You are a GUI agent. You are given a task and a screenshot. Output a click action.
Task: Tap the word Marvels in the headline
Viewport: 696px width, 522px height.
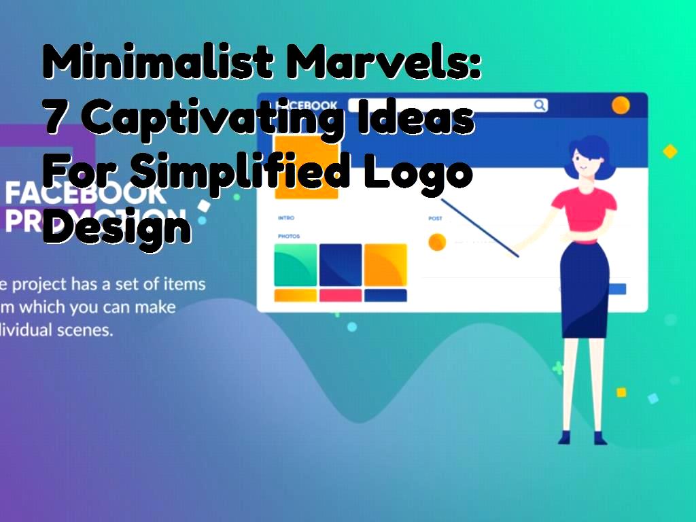[x=384, y=65]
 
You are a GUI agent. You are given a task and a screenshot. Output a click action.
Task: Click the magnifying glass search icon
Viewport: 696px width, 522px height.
[x=540, y=105]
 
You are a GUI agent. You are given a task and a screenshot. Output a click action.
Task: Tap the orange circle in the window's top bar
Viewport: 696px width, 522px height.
[x=620, y=105]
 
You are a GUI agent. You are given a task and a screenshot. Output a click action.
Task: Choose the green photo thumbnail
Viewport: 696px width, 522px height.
[x=295, y=265]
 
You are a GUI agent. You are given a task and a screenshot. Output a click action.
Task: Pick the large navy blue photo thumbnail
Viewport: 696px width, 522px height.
[x=341, y=265]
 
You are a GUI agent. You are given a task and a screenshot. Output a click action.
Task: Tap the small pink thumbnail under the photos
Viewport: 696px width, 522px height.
[x=341, y=296]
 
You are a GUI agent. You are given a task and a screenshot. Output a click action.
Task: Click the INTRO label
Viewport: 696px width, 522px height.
[x=285, y=218]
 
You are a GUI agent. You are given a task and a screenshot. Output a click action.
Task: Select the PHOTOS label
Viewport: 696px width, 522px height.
[x=288, y=237]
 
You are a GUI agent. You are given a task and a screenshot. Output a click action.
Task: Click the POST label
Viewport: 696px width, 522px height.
[x=435, y=218]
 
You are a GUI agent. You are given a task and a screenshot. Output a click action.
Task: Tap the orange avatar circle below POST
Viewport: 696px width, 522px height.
[x=437, y=241]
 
